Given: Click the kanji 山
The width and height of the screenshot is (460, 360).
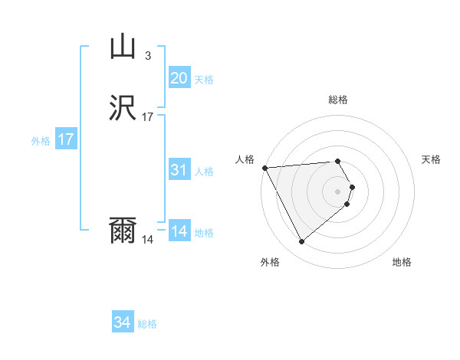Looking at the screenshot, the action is (123, 47).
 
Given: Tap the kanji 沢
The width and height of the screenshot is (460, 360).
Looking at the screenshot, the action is (123, 108).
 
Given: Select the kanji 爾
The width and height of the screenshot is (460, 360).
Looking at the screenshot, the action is (123, 231).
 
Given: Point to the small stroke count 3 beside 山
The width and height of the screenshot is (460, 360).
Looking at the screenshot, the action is (148, 55).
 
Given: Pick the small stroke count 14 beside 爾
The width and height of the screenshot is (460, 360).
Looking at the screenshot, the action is (148, 240).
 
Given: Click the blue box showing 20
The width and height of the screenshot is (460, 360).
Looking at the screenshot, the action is (179, 77).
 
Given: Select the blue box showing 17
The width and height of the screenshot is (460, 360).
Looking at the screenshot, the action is (66, 140).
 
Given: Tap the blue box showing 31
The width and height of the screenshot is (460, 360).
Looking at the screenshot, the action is (179, 170).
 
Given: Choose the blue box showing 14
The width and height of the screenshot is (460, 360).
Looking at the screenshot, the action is (179, 231).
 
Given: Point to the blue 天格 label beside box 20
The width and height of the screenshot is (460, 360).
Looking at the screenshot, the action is (203, 79).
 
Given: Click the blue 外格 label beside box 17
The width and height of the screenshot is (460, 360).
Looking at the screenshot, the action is (40, 141).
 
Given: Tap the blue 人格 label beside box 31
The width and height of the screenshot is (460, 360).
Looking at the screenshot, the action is (203, 172).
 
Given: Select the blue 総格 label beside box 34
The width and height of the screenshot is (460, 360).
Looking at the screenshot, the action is (147, 324).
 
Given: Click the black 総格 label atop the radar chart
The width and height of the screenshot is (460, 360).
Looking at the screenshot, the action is (337, 100).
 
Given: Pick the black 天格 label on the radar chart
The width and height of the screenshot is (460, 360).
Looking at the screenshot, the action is (431, 159).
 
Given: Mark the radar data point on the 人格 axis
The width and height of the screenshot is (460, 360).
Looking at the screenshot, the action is (264, 168).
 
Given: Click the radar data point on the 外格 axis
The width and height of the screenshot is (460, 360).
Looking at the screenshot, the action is (301, 241).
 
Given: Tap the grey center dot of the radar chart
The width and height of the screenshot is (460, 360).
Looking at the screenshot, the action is (337, 191).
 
